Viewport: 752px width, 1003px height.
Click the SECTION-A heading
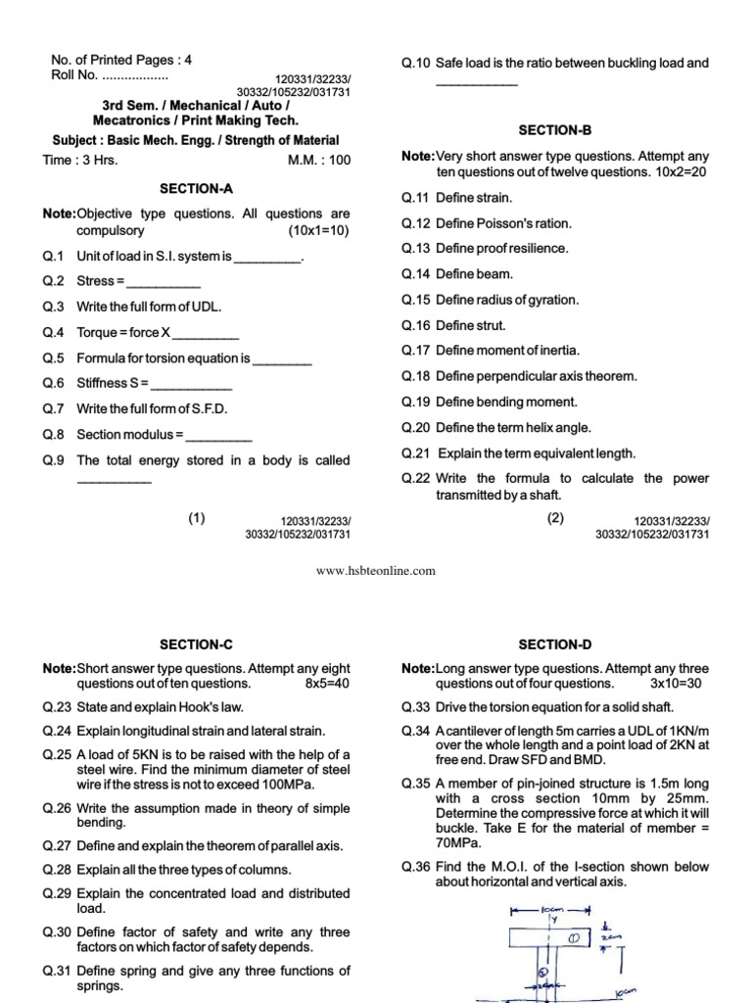[196, 188]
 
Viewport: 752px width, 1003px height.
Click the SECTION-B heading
[555, 130]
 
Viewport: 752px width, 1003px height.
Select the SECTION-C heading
[196, 644]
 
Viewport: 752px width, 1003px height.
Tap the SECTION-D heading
[555, 644]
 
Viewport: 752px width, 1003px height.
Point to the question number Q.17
[416, 351]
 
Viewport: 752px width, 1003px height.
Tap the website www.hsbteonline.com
[375, 571]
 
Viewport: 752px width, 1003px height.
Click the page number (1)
[197, 519]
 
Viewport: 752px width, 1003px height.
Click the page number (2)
[556, 519]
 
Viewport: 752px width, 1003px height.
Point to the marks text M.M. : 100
[318, 161]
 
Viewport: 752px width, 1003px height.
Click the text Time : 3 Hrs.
[80, 161]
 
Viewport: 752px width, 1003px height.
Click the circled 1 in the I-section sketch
[576, 938]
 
